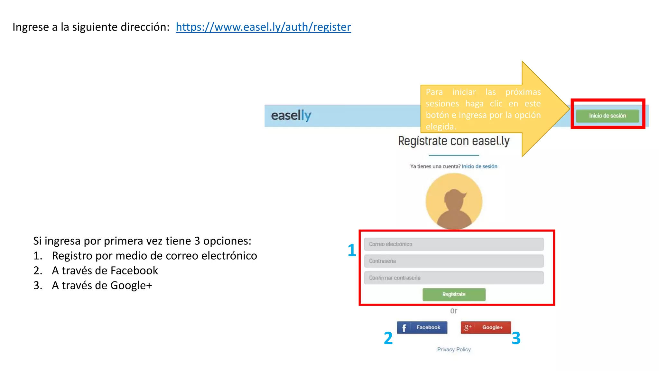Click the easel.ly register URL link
click(263, 27)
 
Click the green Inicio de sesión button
click(607, 116)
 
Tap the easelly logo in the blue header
click(291, 116)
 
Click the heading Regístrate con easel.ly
click(454, 141)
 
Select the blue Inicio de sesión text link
click(479, 166)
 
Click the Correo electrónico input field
click(454, 244)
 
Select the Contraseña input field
click(454, 261)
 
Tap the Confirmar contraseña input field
click(454, 278)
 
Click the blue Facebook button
click(422, 328)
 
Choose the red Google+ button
click(486, 328)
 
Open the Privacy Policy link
click(454, 349)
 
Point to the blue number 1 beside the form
click(352, 250)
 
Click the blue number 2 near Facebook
click(388, 338)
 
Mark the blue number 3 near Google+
click(516, 338)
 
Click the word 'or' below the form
click(454, 311)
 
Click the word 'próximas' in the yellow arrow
click(523, 92)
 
